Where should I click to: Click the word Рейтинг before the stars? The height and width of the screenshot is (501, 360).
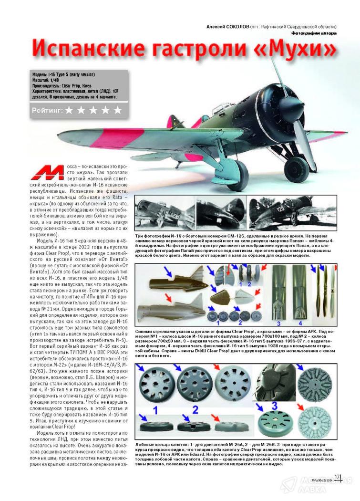click(47, 111)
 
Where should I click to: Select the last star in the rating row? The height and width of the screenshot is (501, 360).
click(117, 111)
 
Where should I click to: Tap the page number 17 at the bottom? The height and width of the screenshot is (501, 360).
click(337, 478)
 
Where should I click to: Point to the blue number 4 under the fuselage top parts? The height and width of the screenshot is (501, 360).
click(295, 316)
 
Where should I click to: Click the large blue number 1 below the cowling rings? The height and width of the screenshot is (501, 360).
click(155, 409)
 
